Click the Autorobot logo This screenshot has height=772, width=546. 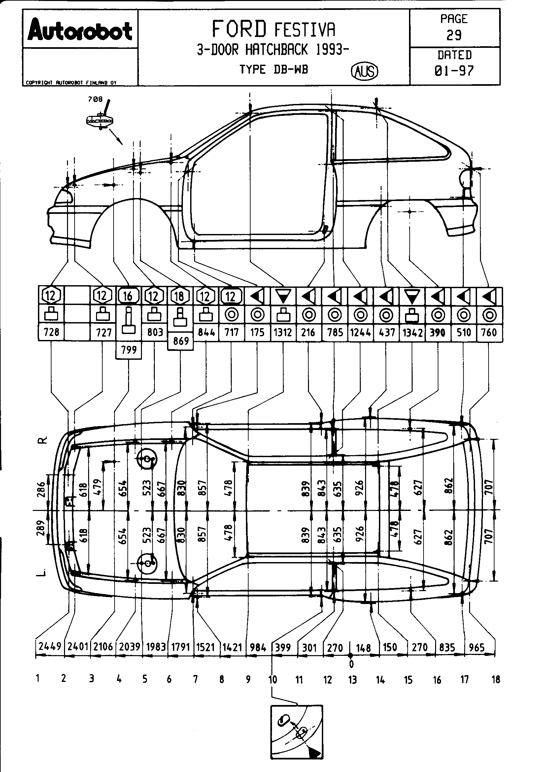[80, 32]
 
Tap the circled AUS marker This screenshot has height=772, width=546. [364, 71]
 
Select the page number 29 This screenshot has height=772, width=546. [454, 35]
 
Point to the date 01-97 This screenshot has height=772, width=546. [454, 71]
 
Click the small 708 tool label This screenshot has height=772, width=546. [95, 99]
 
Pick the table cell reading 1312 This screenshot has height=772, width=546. [283, 333]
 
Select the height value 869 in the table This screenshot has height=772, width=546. [181, 341]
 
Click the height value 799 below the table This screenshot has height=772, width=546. [128, 350]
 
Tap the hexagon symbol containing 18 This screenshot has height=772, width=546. [180, 296]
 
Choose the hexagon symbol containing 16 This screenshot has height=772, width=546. [128, 296]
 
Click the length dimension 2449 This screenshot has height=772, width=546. [50, 646]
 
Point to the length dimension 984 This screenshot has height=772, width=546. [258, 647]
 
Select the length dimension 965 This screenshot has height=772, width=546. [476, 647]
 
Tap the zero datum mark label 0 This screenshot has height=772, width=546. [351, 664]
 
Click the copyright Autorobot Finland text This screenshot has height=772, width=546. [71, 83]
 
